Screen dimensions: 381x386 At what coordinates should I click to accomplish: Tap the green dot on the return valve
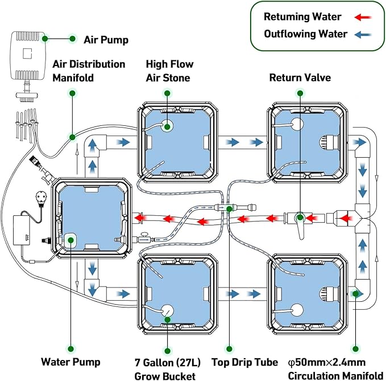click(300, 217)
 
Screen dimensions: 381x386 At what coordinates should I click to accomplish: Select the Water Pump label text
click(70, 362)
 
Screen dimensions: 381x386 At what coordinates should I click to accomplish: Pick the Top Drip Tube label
click(244, 362)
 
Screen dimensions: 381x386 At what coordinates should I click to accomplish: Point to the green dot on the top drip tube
click(229, 209)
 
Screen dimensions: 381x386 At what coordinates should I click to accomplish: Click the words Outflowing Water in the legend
click(305, 34)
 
